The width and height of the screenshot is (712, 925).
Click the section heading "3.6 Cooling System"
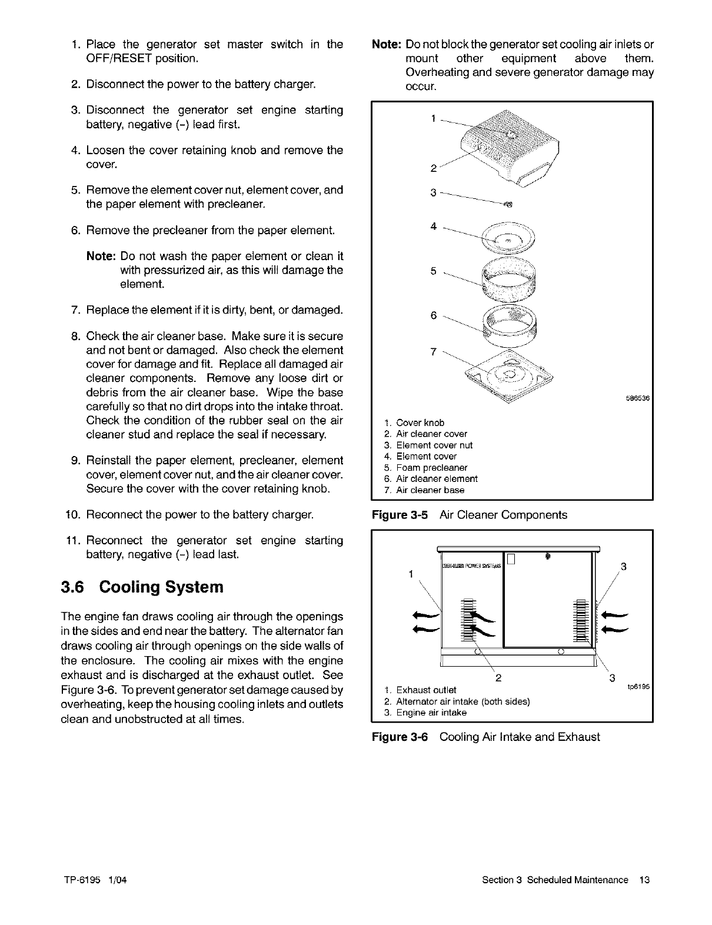[142, 587]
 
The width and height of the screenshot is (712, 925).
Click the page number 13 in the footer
[644, 880]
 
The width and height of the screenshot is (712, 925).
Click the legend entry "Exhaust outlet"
[426, 690]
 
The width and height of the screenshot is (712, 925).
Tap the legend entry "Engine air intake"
[431, 713]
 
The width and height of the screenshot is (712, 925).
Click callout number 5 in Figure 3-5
[433, 271]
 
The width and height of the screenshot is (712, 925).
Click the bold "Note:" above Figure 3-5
[387, 45]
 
